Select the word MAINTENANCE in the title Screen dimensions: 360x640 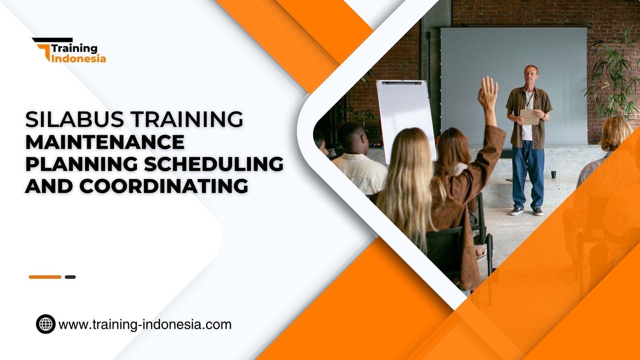click(x=105, y=142)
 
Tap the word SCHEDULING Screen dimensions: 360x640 click(x=214, y=164)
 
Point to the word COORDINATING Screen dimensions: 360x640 click(x=164, y=186)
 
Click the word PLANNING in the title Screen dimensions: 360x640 click(x=82, y=164)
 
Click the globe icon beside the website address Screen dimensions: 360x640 click(x=46, y=324)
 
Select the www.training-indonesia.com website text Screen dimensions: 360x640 click(x=145, y=324)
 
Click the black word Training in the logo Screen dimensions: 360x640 click(x=74, y=48)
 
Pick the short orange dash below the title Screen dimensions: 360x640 click(x=45, y=277)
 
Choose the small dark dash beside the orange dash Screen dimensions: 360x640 click(x=70, y=277)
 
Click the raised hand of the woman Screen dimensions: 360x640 click(x=488, y=92)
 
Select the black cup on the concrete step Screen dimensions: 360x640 click(x=553, y=174)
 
